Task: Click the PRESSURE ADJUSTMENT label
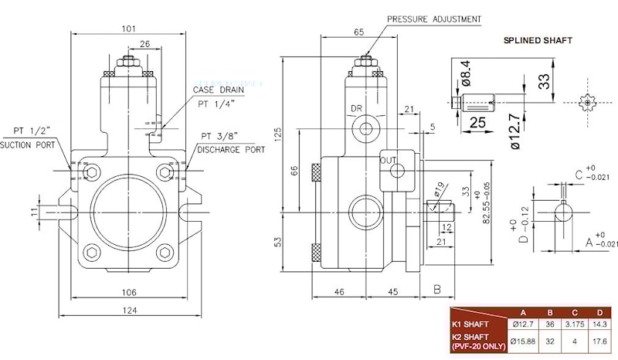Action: (x=434, y=19)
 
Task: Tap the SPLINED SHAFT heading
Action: (x=538, y=41)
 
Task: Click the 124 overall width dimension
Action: (x=128, y=311)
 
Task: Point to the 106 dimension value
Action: (x=128, y=292)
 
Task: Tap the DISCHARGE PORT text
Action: (x=230, y=149)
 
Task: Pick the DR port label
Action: (x=357, y=108)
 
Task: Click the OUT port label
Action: (x=388, y=160)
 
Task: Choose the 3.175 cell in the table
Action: (x=572, y=324)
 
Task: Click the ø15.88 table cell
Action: (x=524, y=341)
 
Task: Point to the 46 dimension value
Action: (x=338, y=292)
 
